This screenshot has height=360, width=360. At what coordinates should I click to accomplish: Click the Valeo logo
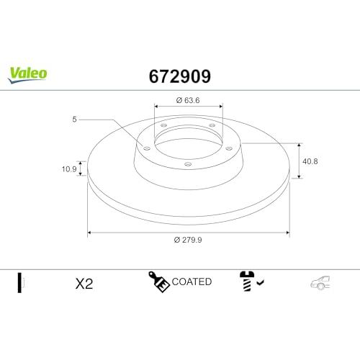click(x=27, y=75)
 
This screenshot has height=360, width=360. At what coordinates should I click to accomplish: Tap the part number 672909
click(x=180, y=76)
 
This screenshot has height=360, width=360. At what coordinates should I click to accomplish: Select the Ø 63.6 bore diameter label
click(x=188, y=100)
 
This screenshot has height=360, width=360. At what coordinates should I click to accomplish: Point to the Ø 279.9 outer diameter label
click(x=188, y=240)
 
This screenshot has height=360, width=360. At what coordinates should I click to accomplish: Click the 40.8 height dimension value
click(x=310, y=161)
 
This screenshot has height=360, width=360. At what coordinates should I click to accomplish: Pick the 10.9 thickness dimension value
click(x=69, y=169)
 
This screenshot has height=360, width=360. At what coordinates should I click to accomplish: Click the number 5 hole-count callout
click(x=74, y=119)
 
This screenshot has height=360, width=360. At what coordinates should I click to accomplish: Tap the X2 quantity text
click(x=84, y=284)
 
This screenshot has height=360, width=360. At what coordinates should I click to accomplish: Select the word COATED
click(x=192, y=282)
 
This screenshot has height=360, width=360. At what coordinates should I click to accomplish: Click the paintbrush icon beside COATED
click(x=158, y=282)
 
